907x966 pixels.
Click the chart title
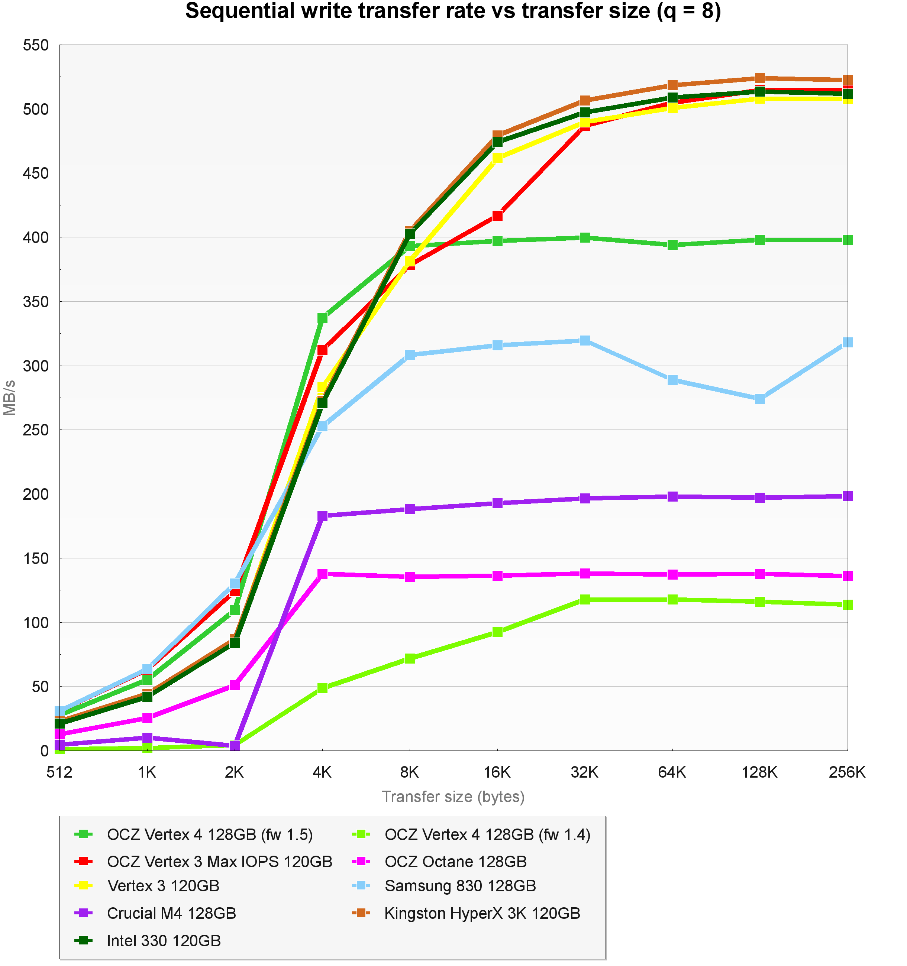[453, 12]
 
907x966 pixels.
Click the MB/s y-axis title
[10, 398]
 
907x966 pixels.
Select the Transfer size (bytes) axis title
[453, 797]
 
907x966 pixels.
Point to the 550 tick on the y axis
[36, 45]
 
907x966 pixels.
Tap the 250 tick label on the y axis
[36, 430]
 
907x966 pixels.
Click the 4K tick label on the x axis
[322, 772]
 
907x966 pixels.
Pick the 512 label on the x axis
[59, 772]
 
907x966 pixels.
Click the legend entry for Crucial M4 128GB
[171, 914]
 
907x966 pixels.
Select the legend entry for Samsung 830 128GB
[460, 886]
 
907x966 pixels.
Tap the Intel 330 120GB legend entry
[164, 941]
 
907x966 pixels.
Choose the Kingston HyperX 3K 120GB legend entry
[482, 914]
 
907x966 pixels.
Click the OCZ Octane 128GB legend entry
[455, 862]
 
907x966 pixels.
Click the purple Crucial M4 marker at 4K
[322, 516]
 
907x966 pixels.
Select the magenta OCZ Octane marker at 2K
[234, 685]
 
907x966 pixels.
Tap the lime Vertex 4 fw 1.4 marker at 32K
[585, 600]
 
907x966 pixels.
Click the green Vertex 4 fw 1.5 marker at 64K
[672, 245]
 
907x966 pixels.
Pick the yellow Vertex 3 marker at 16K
[497, 158]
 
